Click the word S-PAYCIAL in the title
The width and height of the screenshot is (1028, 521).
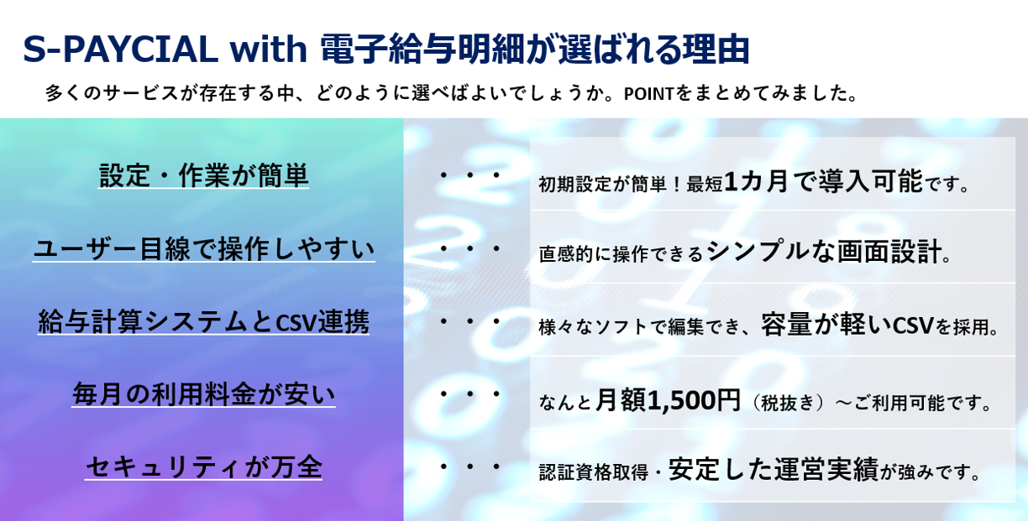point(120,49)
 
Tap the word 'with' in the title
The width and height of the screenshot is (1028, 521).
point(269,48)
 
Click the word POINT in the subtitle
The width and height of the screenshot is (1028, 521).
point(648,94)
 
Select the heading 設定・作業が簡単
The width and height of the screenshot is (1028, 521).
point(203,175)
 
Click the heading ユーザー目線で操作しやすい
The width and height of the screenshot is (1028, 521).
point(204,248)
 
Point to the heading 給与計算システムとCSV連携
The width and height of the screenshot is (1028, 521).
point(203,321)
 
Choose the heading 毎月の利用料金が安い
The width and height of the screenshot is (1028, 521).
point(203,394)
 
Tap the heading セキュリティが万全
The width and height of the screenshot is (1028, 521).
point(203,466)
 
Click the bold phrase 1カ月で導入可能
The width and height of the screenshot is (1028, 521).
point(823,180)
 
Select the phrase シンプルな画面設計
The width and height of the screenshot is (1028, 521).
point(823,252)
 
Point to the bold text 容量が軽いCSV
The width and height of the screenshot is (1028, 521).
point(847,325)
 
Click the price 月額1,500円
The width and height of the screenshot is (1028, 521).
point(668,400)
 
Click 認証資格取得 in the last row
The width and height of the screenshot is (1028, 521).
point(594,472)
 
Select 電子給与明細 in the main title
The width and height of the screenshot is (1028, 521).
point(422,48)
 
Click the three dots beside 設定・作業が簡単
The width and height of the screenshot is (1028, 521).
point(469,175)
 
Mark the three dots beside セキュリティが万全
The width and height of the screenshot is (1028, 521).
point(469,466)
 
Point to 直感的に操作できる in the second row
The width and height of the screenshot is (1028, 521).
point(621,254)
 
